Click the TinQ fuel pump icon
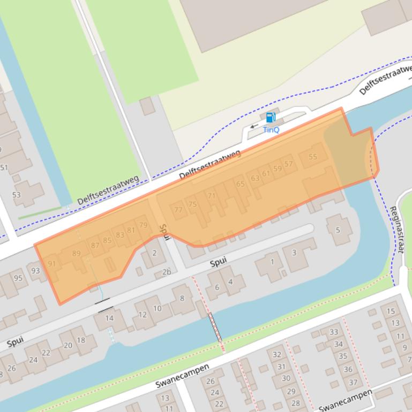pyautogui.click(x=271, y=118)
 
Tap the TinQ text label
pyautogui.click(x=271, y=129)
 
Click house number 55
pyautogui.click(x=313, y=157)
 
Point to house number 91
pyautogui.click(x=52, y=263)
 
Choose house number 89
pyautogui.click(x=76, y=254)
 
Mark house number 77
pyautogui.click(x=179, y=210)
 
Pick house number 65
pyautogui.click(x=240, y=184)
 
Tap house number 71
pyautogui.click(x=212, y=196)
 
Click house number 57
pyautogui.click(x=289, y=164)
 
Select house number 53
pyautogui.click(x=17, y=195)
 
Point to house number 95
pyautogui.click(x=19, y=278)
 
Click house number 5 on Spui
pyautogui.click(x=338, y=230)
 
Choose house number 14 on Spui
pyautogui.click(x=109, y=318)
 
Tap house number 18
pyautogui.click(x=81, y=340)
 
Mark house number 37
pyautogui.click(x=353, y=382)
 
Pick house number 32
pyautogui.click(x=277, y=354)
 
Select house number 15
pyautogui.click(x=391, y=311)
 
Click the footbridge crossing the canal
pyautogui.click(x=216, y=327)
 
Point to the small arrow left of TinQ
pyautogui.click(x=253, y=127)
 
